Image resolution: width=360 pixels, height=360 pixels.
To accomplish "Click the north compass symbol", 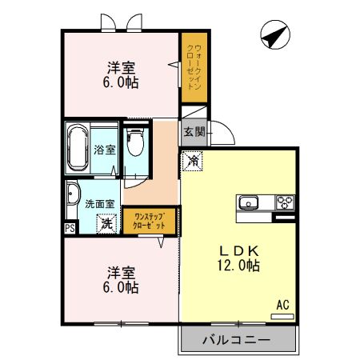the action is coord(275,34).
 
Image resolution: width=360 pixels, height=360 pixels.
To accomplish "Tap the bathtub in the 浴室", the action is coord(78,147).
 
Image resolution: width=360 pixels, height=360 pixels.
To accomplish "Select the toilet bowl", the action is coord(135,142).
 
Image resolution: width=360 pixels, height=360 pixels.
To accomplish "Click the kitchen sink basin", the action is coord(248,202).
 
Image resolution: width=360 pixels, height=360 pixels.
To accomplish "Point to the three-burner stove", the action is coord(285,202).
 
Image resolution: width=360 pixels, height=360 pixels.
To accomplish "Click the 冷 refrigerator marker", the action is coord(192,161).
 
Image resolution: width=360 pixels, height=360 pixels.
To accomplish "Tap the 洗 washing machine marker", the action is coord(106,224).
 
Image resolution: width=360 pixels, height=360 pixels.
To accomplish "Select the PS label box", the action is coord(70,228).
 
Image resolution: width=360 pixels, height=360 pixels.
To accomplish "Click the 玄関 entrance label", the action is coord(195,132).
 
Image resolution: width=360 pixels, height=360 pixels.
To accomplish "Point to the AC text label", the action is coord(282,305).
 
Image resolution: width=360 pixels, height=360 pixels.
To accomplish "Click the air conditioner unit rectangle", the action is coord(282,317).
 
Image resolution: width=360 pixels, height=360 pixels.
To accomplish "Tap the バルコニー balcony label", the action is coord(237,340).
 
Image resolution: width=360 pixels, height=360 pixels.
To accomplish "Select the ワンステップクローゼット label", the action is coord(149,221).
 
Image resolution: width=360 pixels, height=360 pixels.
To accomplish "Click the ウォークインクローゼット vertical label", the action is coord(194,67).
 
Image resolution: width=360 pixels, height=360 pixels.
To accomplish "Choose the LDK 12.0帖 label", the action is coord(238,258).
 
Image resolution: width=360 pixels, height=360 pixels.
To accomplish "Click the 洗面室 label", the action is coord(100,204).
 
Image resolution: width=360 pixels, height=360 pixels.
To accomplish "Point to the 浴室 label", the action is coord(105,150).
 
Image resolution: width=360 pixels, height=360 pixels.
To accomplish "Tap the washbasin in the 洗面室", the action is coord(73,194).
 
